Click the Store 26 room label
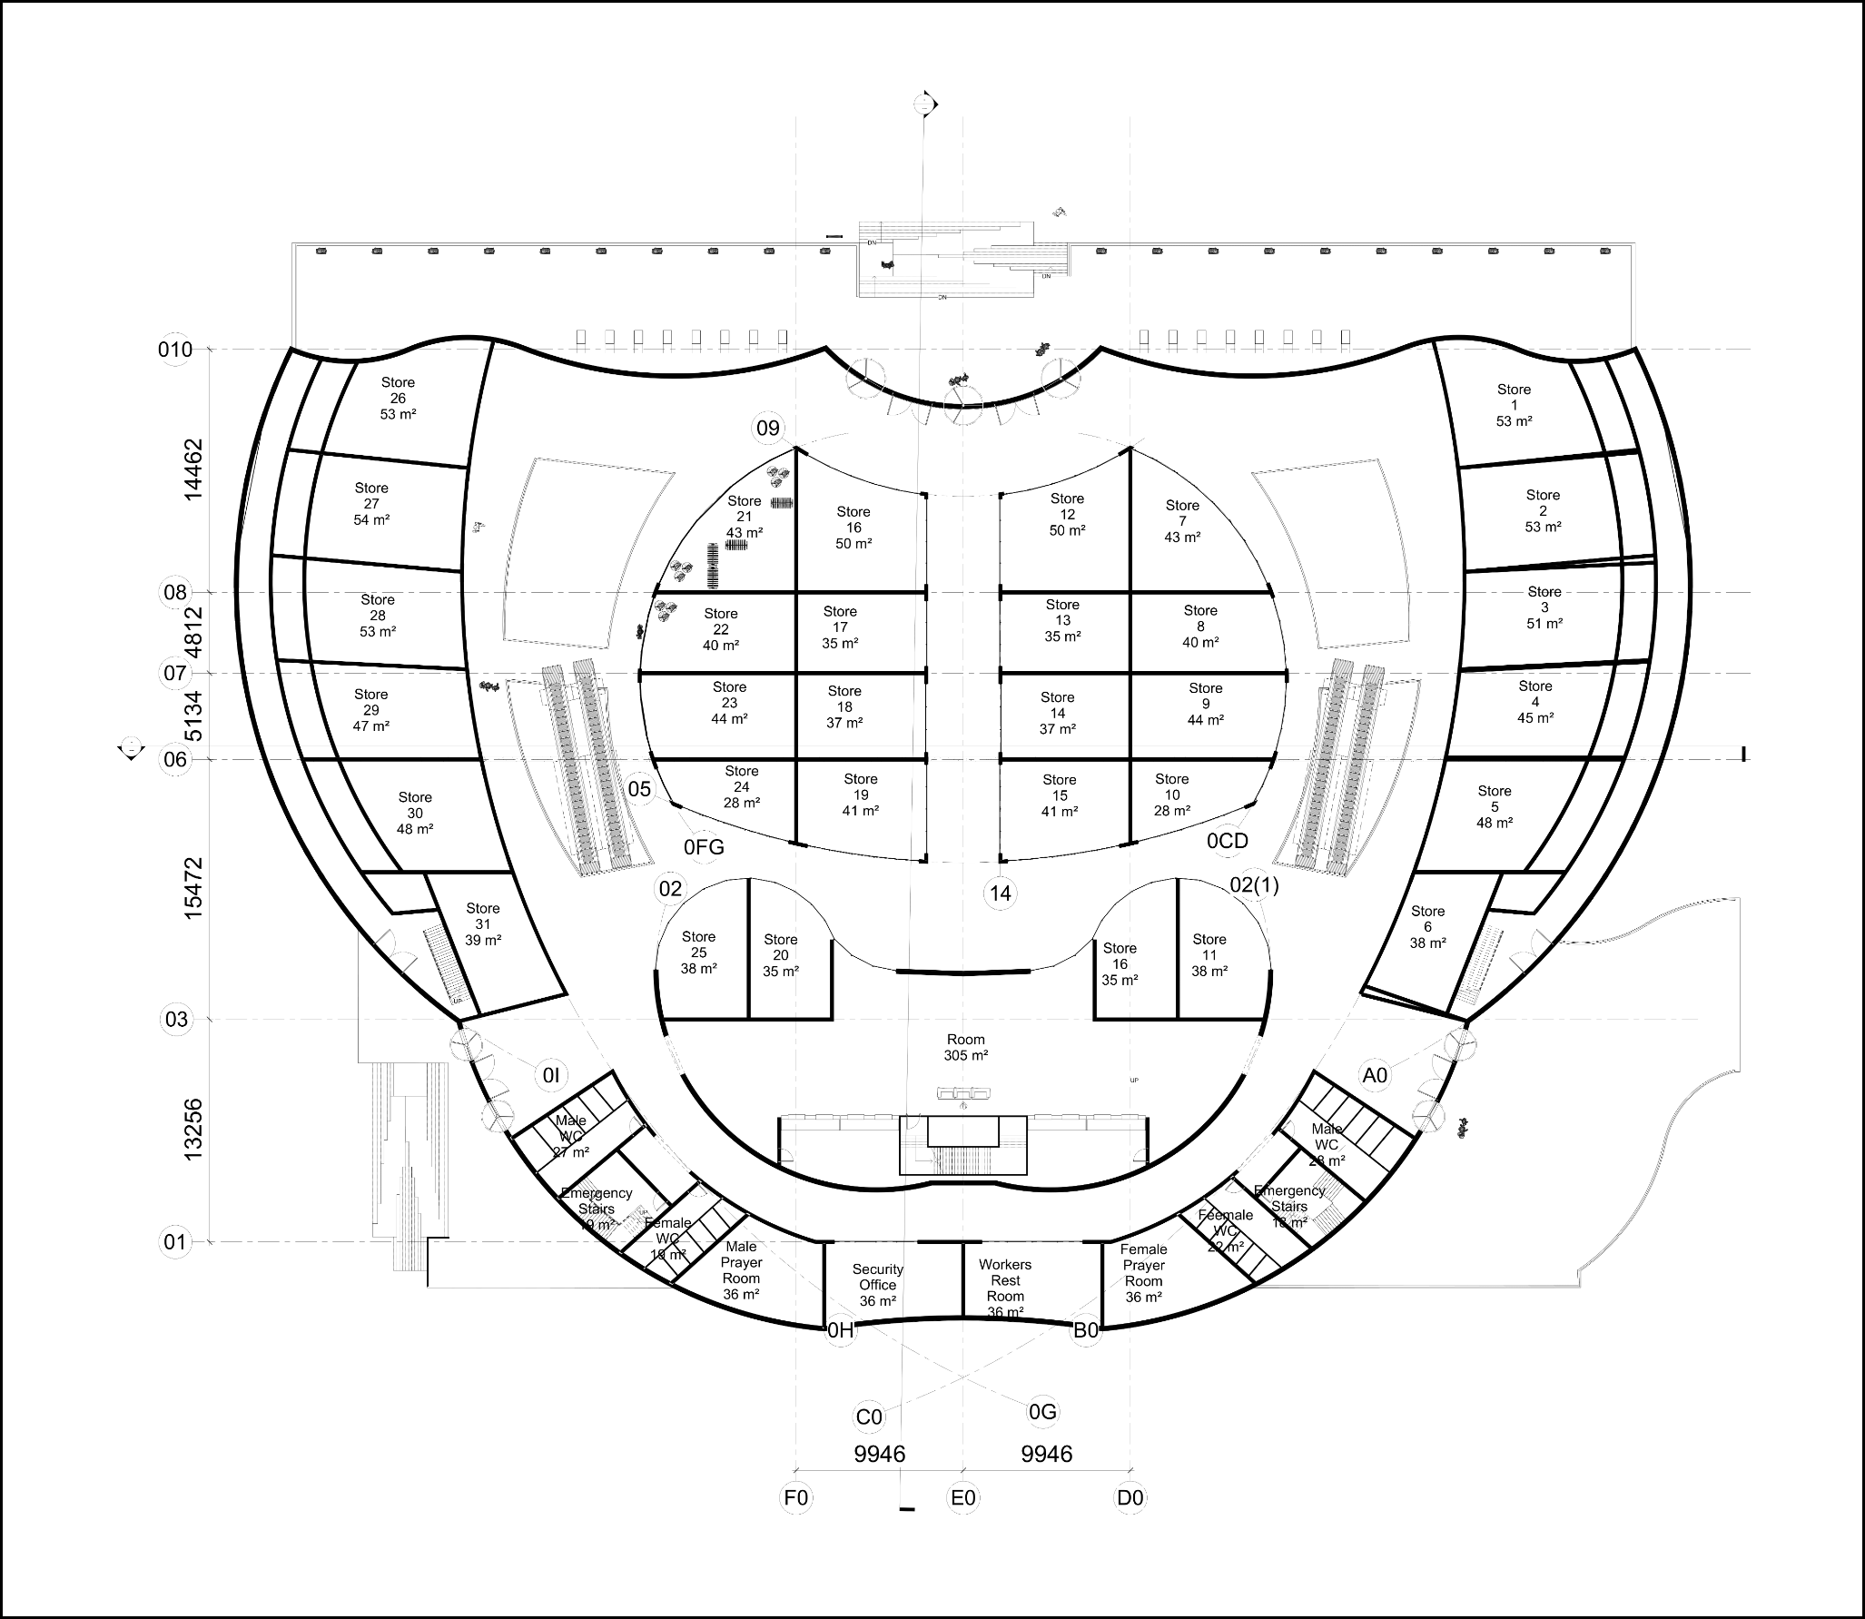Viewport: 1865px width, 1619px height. (398, 399)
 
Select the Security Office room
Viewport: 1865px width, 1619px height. (878, 1285)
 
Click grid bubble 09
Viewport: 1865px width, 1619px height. (768, 429)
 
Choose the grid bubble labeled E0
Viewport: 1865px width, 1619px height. (963, 1497)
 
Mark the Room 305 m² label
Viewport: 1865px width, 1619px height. (965, 1048)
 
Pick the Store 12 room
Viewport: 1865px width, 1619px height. (1067, 514)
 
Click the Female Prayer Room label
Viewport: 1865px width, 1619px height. (1143, 1273)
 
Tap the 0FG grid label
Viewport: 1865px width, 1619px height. (704, 847)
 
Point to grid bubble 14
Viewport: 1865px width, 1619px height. (1000, 893)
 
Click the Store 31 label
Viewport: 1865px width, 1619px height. (483, 924)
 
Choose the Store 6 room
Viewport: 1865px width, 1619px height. (1427, 927)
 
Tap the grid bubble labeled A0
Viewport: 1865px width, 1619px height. (1376, 1075)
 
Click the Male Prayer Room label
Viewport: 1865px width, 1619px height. (741, 1270)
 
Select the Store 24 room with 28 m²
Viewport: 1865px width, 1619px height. (742, 787)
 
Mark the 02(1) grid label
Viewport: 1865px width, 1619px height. (1254, 885)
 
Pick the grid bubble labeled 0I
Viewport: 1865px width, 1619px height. (551, 1077)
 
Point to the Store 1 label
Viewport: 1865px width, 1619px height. (1514, 405)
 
